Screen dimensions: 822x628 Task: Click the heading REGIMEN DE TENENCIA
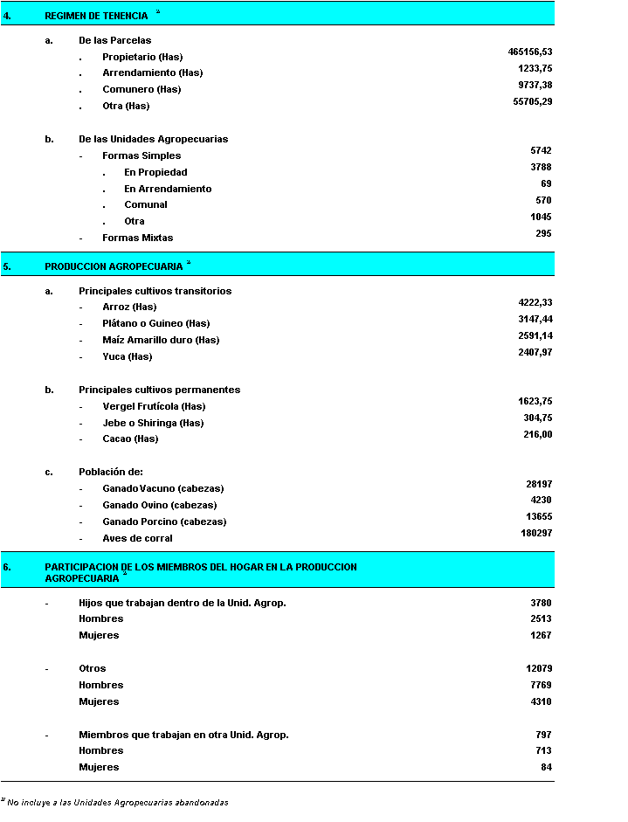pos(95,16)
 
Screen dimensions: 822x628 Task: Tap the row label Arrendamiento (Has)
pos(153,73)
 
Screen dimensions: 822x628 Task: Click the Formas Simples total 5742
pos(541,151)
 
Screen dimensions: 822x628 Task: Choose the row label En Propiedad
pos(155,172)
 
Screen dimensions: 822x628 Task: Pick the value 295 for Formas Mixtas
pos(543,233)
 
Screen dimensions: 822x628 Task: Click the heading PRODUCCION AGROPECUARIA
pos(114,266)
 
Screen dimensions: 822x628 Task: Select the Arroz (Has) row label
pos(129,307)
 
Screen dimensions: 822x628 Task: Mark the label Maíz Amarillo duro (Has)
pos(161,340)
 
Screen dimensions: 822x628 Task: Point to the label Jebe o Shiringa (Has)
pos(153,423)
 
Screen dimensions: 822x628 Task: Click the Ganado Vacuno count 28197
pos(538,484)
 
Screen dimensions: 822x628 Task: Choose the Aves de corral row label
pos(137,538)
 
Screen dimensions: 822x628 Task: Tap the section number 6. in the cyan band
pos(7,567)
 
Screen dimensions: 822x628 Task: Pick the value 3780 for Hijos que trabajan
pos(541,603)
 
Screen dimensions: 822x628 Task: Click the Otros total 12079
pos(538,668)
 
